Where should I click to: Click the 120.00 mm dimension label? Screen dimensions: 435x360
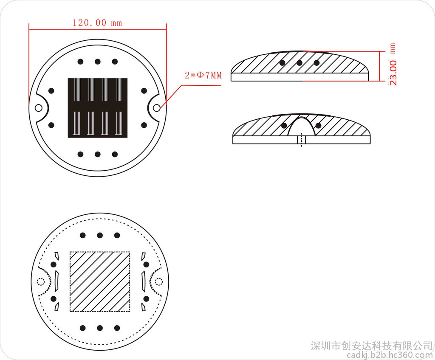pyautogui.click(x=97, y=22)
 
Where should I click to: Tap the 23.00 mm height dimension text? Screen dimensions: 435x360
pyautogui.click(x=393, y=64)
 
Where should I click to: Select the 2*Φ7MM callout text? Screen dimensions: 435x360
pyautogui.click(x=203, y=75)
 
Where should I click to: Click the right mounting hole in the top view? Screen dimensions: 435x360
pyautogui.click(x=156, y=107)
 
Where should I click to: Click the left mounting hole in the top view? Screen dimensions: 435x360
pyautogui.click(x=39, y=107)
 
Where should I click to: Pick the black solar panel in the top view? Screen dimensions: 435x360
pyautogui.click(x=98, y=108)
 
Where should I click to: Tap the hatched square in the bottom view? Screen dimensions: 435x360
pyautogui.click(x=100, y=281)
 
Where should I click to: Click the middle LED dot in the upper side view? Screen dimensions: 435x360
pyautogui.click(x=299, y=63)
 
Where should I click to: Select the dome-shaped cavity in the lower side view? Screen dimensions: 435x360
pyautogui.click(x=301, y=127)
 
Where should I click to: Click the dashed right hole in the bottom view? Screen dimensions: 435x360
pyautogui.click(x=158, y=282)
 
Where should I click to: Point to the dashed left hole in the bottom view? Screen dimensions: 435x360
pyautogui.click(x=41, y=282)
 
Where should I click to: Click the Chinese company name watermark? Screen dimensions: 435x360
pyautogui.click(x=372, y=346)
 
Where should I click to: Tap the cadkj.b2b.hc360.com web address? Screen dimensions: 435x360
pyautogui.click(x=390, y=355)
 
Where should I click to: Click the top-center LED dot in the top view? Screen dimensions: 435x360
pyautogui.click(x=98, y=62)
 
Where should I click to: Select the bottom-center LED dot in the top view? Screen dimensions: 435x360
pyautogui.click(x=98, y=154)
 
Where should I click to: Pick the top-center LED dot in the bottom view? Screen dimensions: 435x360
pyautogui.click(x=100, y=236)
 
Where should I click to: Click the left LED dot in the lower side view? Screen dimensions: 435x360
pyautogui.click(x=284, y=126)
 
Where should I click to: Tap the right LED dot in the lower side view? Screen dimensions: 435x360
pyautogui.click(x=319, y=126)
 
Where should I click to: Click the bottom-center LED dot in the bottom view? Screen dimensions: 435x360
pyautogui.click(x=100, y=328)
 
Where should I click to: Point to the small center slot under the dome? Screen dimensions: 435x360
pyautogui.click(x=302, y=140)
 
